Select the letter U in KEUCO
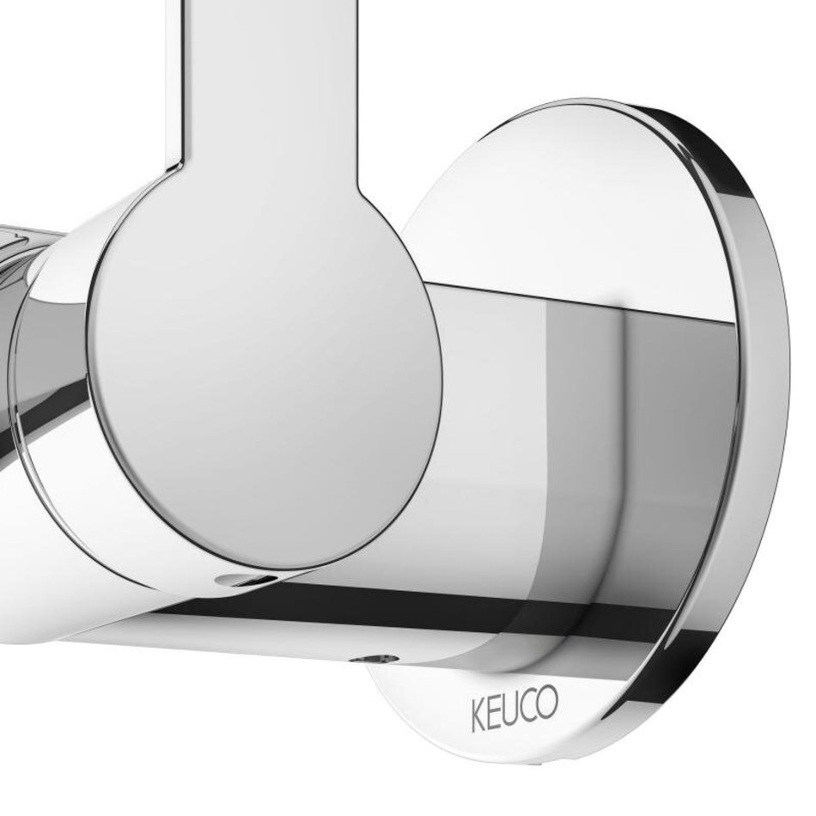click(513, 707)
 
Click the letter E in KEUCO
click(496, 711)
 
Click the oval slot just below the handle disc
click(242, 578)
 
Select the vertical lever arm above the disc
click(262, 88)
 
